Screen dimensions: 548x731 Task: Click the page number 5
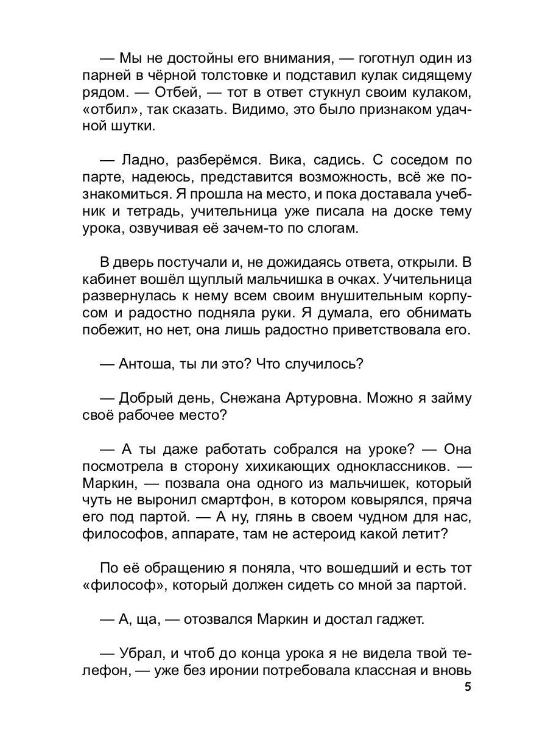click(467, 687)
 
